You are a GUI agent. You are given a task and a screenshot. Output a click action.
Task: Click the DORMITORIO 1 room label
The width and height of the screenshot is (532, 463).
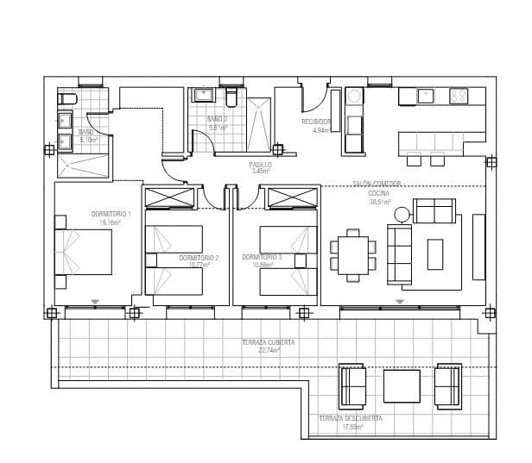(111, 214)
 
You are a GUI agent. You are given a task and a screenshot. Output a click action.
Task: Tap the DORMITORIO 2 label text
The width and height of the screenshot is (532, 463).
(199, 258)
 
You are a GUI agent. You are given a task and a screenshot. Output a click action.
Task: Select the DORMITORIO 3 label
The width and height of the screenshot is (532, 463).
(262, 257)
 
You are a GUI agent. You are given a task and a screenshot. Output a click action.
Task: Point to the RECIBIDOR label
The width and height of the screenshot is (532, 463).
(316, 122)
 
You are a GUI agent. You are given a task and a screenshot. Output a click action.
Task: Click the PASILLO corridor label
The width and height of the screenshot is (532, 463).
(260, 164)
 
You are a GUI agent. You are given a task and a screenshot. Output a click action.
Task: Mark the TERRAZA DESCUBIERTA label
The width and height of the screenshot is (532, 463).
(350, 418)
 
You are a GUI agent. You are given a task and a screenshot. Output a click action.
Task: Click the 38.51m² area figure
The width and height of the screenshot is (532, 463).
(380, 202)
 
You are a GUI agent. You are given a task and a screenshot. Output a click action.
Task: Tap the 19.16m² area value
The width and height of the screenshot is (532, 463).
(110, 222)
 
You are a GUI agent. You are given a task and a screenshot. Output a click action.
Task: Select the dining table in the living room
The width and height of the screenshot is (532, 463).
(352, 255)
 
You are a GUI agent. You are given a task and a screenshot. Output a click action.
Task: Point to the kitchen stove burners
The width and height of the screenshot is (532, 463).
(459, 96)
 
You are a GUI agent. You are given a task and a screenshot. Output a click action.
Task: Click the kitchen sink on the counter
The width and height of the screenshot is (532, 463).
(426, 96)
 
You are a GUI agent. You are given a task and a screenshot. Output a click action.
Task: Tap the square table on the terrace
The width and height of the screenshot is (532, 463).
(401, 385)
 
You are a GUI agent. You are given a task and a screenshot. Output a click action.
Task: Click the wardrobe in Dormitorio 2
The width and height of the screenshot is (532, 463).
(170, 197)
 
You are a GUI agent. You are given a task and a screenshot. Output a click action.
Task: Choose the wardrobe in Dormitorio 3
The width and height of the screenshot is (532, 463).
(294, 197)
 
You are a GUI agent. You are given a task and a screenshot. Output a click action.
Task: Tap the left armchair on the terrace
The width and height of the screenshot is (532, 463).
(354, 385)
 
